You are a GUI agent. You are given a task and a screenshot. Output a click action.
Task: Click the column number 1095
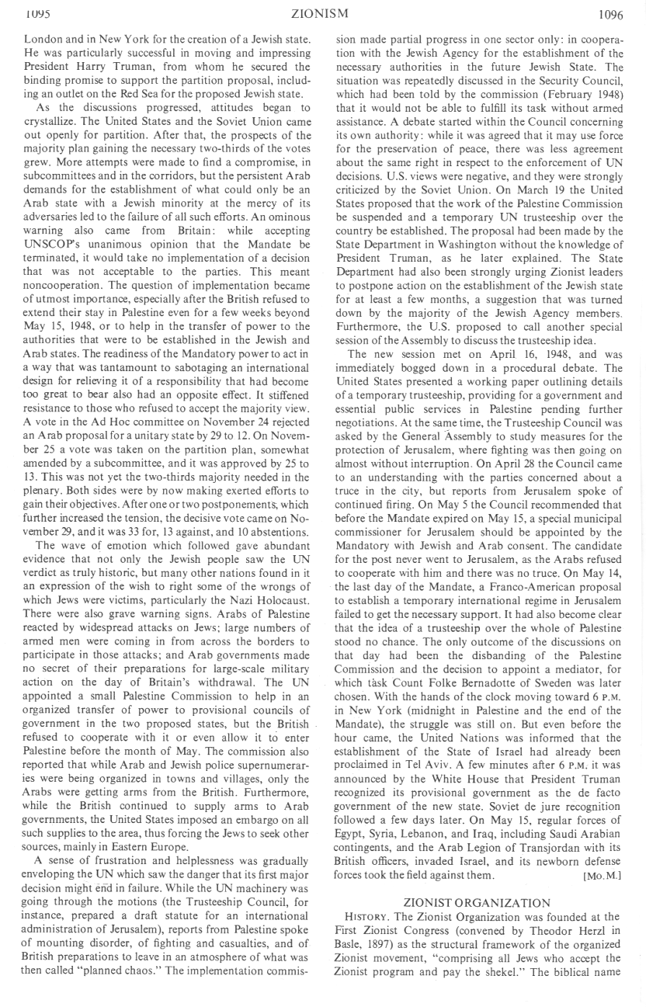coord(38,13)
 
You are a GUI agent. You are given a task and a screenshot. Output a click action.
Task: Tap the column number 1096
coord(613,13)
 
